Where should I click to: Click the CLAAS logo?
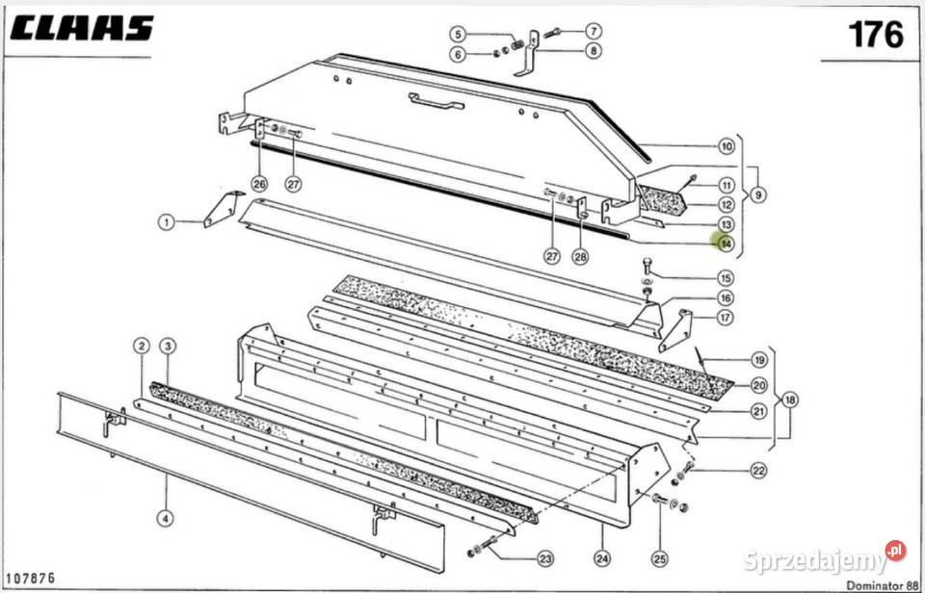pyautogui.click(x=83, y=28)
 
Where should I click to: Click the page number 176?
pyautogui.click(x=875, y=36)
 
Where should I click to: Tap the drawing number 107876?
pyautogui.click(x=32, y=578)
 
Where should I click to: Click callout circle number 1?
pyautogui.click(x=167, y=222)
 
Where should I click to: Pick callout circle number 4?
pyautogui.click(x=167, y=519)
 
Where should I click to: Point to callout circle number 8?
pyautogui.click(x=593, y=50)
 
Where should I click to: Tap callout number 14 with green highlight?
pyautogui.click(x=725, y=244)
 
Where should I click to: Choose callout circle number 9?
pyautogui.click(x=758, y=194)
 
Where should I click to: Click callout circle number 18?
pyautogui.click(x=790, y=401)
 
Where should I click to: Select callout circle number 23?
pyautogui.click(x=546, y=558)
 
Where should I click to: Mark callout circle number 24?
pyautogui.click(x=604, y=557)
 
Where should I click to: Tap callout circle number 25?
pyautogui.click(x=659, y=557)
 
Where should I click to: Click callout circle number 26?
pyautogui.click(x=258, y=183)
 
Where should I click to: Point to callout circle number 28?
pyautogui.click(x=579, y=256)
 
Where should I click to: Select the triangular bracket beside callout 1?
pyautogui.click(x=225, y=208)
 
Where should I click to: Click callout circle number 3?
pyautogui.click(x=168, y=346)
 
